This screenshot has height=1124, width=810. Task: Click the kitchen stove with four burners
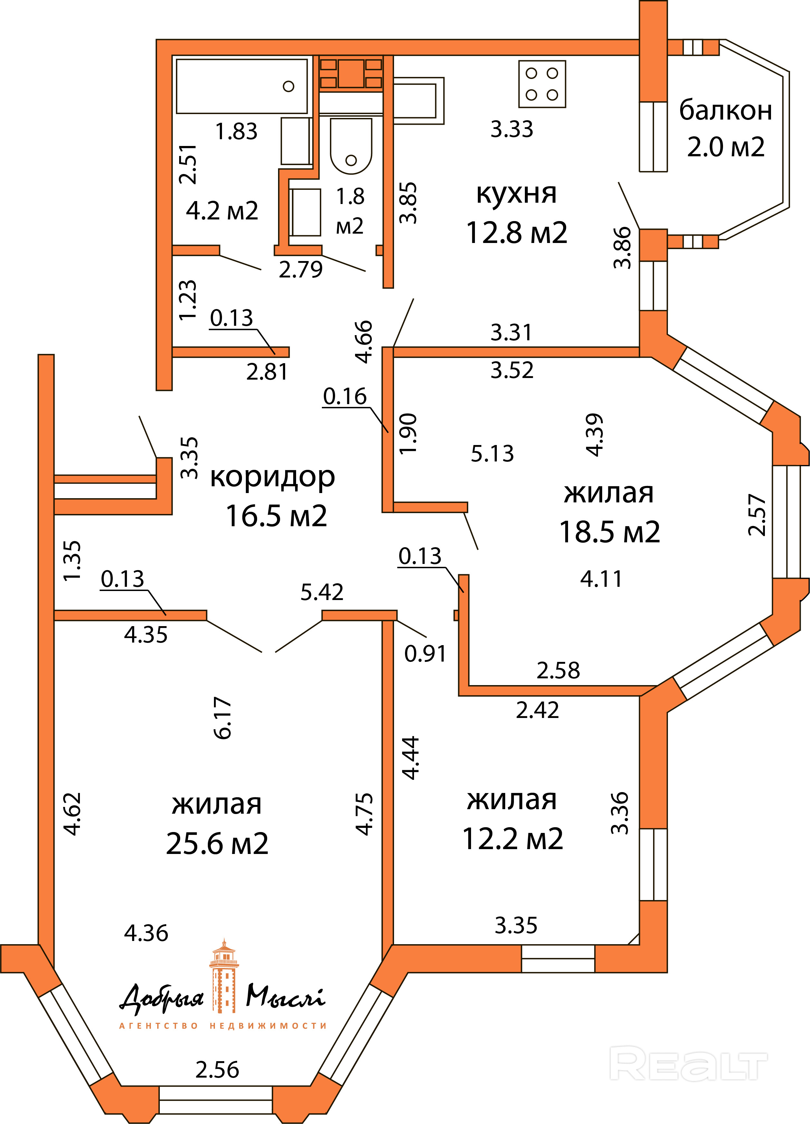[x=542, y=84]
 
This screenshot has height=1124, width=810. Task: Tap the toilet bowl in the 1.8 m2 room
[x=351, y=146]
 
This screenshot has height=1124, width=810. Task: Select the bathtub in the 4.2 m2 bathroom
[x=242, y=86]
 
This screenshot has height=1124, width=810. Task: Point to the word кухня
[x=516, y=193]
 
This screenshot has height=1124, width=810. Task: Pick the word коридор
[x=273, y=477]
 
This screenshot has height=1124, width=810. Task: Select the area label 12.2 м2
[x=513, y=838]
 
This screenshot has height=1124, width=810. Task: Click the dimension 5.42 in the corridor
[x=322, y=592]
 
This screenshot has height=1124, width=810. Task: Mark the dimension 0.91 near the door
[x=425, y=653]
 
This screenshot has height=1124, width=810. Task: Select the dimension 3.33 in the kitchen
[x=512, y=129]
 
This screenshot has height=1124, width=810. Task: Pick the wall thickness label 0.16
[x=345, y=396]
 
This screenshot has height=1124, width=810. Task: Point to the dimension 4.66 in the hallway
[x=364, y=342]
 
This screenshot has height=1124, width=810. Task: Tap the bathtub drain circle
[x=288, y=86]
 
